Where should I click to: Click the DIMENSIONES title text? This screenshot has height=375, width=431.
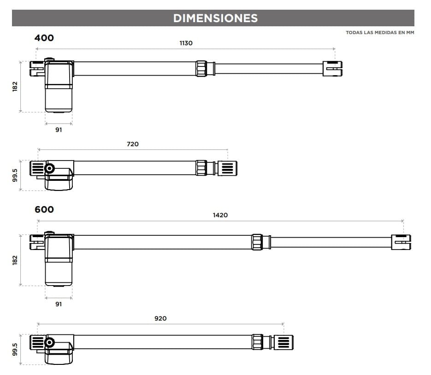pos(215,18)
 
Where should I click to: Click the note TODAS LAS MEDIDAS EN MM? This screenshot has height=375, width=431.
pos(380,33)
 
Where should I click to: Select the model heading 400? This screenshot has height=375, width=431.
pos(44,38)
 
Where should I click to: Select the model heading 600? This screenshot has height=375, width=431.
pos(44,209)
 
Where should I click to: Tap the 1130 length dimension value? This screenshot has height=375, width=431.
pos(186,43)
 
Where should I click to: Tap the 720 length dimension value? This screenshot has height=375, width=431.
pos(132,144)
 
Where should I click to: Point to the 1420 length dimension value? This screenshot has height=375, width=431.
pos(220,215)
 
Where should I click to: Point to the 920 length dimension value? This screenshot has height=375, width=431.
pos(160,318)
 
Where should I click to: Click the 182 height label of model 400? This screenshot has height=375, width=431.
pos(15,86)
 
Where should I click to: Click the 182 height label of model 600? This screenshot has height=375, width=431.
pos(15,260)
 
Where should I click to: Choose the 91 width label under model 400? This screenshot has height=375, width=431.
pos(59,130)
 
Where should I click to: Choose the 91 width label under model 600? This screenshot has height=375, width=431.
pos(59,304)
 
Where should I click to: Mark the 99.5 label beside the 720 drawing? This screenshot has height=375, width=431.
pos(15,175)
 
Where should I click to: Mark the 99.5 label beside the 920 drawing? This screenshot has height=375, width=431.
pos(15,349)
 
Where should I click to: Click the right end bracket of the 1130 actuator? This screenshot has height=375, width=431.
pos(332,69)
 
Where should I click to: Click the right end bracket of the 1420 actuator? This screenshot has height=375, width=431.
pos(401,242)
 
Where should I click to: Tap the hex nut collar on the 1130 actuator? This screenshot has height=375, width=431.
pos(201,68)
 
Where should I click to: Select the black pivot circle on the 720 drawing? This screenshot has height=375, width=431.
pos(49,169)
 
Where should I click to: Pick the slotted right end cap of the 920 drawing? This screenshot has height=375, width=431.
pos(283,342)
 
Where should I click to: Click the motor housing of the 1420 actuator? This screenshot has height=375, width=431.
pos(59,261)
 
